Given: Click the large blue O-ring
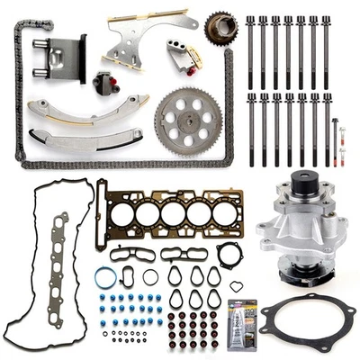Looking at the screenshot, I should [105, 278].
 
